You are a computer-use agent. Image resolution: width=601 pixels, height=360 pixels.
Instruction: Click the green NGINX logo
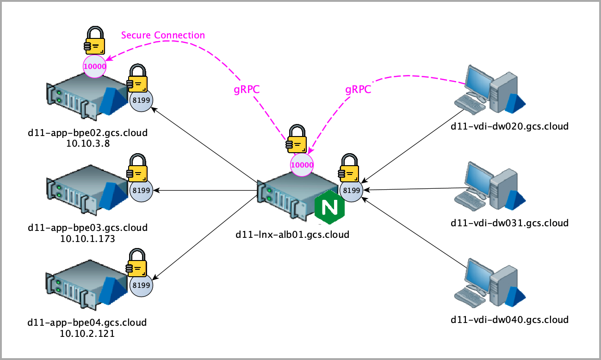pyautogui.click(x=330, y=206)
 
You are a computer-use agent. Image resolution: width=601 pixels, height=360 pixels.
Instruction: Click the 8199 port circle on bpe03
pyautogui.click(x=141, y=190)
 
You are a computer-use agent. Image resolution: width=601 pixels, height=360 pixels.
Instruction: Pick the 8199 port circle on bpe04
pyautogui.click(x=141, y=285)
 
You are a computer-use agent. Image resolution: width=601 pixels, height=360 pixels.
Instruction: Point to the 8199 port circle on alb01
pyautogui.click(x=352, y=190)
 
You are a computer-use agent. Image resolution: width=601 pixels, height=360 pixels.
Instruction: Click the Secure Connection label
pyautogui.click(x=163, y=35)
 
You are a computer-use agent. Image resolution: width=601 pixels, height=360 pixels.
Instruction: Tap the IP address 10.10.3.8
pyautogui.click(x=87, y=143)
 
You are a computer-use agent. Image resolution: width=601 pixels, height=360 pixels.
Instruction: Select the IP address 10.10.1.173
pyautogui.click(x=87, y=239)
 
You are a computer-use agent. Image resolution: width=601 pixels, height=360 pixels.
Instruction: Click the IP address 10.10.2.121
pyautogui.click(x=87, y=334)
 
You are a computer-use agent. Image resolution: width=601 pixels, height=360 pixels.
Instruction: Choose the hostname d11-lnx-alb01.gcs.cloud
pyautogui.click(x=292, y=234)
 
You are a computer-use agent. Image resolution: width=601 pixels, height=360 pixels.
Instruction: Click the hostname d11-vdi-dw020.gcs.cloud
pyautogui.click(x=509, y=126)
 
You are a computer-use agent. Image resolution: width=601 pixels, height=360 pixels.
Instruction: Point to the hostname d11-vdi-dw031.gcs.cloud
pyautogui.click(x=509, y=223)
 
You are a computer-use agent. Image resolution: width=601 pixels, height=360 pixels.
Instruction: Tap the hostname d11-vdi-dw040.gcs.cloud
pyautogui.click(x=509, y=319)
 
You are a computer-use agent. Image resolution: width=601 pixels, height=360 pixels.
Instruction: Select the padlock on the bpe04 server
pyautogui.click(x=138, y=263)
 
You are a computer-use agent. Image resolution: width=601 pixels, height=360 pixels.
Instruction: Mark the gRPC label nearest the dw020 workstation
pyautogui.click(x=358, y=90)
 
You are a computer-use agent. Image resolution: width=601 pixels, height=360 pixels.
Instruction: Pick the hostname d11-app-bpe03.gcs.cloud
pyautogui.click(x=87, y=228)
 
